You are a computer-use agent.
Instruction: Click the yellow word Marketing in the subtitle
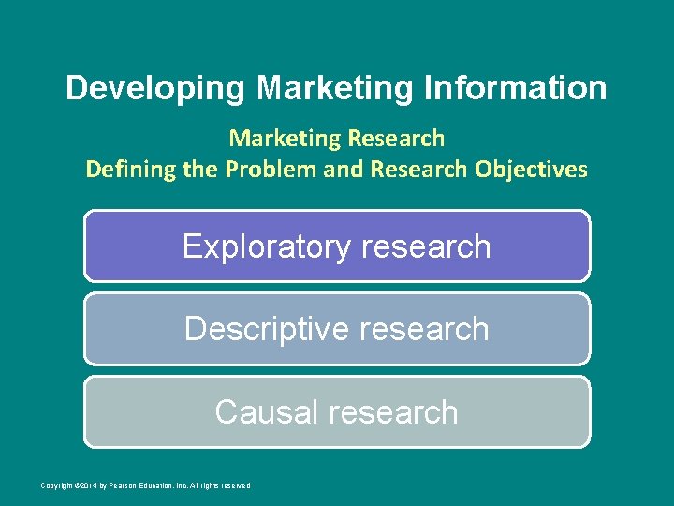[286, 139]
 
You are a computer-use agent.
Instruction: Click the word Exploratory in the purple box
[265, 246]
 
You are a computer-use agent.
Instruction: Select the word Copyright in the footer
[56, 485]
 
